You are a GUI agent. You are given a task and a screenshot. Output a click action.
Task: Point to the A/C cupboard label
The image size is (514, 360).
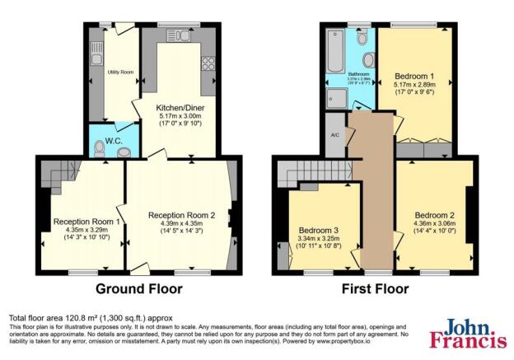(335, 135)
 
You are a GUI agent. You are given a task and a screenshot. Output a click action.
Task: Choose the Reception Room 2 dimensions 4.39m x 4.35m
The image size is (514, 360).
(181, 224)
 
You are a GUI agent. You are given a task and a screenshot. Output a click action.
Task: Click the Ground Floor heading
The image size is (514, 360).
(139, 289)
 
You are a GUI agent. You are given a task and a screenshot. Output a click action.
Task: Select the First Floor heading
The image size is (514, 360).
(375, 289)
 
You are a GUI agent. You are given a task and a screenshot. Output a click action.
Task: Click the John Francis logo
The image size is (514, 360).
(465, 333)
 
